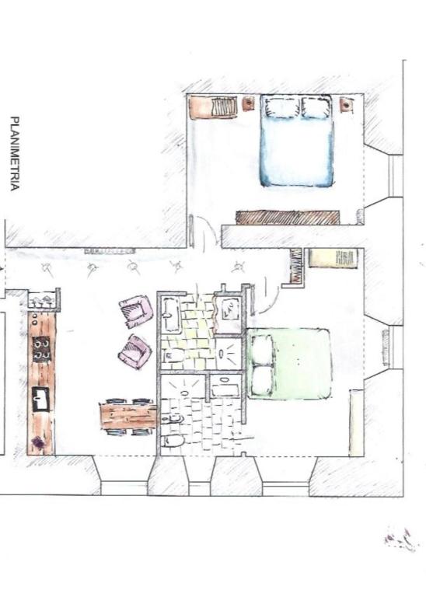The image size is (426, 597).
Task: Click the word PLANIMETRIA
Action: (15, 153)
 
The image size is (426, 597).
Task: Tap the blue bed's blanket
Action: (297, 152)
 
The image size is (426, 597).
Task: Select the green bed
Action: (288, 364)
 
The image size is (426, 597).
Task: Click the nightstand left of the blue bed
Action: (248, 103)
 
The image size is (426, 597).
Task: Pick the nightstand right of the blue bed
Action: (346, 105)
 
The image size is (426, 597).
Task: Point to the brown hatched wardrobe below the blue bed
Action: (288, 218)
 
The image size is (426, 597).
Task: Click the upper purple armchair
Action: (135, 312)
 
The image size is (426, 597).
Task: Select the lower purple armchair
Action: (134, 352)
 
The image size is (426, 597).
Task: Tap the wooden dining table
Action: (128, 416)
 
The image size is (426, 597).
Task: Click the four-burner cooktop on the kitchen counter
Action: (41, 350)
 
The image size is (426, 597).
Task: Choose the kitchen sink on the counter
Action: (40, 399)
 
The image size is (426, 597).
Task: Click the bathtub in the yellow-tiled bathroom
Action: (169, 315)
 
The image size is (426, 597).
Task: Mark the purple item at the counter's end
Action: (38, 442)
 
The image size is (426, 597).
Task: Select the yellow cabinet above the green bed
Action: (333, 259)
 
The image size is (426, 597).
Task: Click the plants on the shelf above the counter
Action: (42, 300)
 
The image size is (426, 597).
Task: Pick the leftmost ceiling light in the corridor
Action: (47, 268)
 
